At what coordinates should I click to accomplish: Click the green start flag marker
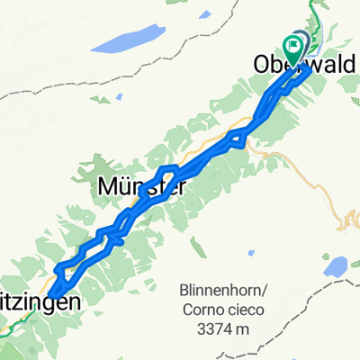click(x=294, y=43)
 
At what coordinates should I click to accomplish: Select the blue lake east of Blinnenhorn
click(x=335, y=266)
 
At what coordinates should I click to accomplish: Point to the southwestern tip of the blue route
click(x=54, y=293)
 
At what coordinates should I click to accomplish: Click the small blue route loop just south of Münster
click(x=113, y=236)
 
